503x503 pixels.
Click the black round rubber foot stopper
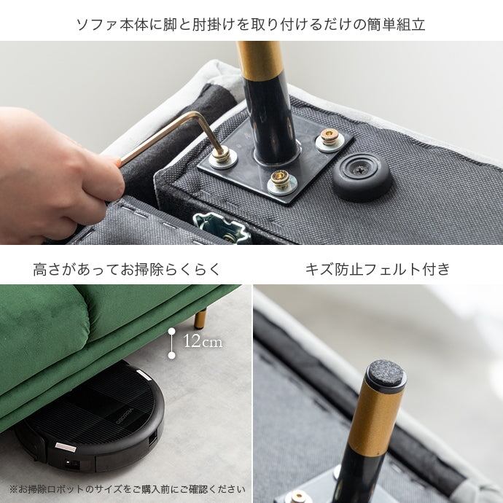point(362,177)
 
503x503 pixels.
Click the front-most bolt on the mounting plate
point(282,182)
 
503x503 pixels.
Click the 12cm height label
point(203,341)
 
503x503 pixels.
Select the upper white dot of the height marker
point(172,331)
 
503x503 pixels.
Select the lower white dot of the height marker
point(172,355)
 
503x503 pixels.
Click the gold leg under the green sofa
point(200,318)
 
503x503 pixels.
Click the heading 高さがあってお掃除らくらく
point(127,269)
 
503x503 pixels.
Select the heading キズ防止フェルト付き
point(378,269)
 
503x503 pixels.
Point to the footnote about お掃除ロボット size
point(128,489)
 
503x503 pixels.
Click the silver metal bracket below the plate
point(222,227)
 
